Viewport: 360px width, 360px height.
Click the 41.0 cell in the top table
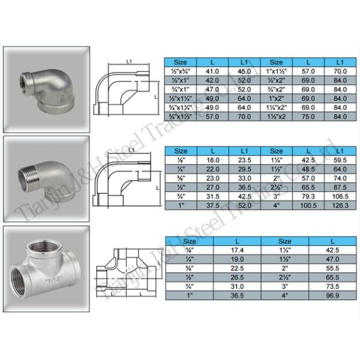(x=212, y=71)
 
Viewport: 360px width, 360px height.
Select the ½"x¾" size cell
(x=181, y=71)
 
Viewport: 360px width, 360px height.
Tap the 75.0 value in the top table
(x=308, y=116)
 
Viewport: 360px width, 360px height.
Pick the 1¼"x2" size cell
(x=276, y=107)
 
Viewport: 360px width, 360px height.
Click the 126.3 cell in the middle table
(x=340, y=205)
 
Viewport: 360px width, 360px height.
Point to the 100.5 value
(x=308, y=205)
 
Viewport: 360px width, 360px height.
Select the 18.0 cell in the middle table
(x=212, y=160)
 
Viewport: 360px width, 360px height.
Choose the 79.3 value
(x=308, y=197)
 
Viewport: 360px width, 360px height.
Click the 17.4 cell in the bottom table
(x=237, y=250)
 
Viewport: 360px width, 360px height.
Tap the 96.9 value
(x=332, y=295)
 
